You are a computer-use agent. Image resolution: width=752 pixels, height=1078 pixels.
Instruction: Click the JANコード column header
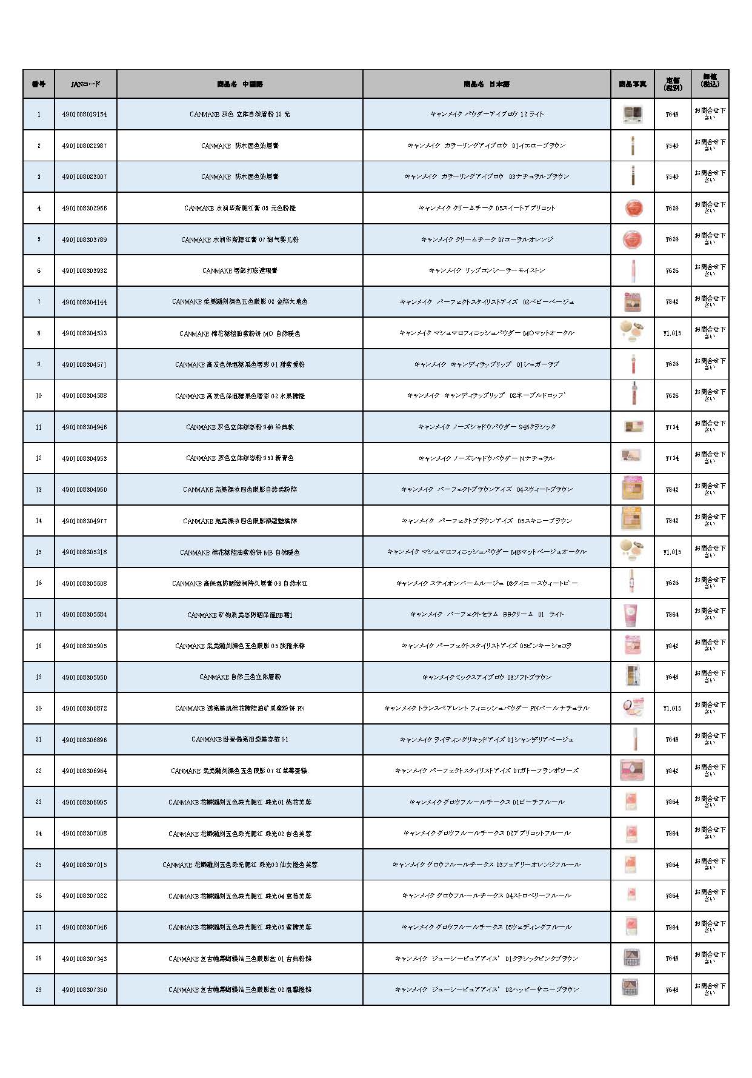(85, 84)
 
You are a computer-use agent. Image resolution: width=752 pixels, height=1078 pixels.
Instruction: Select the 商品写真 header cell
(632, 84)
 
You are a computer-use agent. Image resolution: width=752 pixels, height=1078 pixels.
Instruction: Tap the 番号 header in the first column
(39, 84)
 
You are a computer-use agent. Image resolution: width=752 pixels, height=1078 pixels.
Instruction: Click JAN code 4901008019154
(84, 114)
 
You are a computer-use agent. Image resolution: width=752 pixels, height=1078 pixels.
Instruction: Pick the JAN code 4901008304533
(84, 333)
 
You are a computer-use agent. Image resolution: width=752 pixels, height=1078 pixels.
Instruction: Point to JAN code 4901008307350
(84, 989)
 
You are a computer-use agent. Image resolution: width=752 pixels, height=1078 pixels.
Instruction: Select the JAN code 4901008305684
(84, 614)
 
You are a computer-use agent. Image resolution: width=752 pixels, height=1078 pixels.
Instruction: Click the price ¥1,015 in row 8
(672, 333)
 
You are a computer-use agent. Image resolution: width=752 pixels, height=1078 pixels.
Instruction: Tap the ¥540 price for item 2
(672, 146)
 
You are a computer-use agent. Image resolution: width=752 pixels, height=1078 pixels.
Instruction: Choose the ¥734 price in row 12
(672, 458)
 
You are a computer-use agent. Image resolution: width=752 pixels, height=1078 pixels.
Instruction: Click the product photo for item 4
(632, 208)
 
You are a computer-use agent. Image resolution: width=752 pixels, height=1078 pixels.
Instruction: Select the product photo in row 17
(632, 614)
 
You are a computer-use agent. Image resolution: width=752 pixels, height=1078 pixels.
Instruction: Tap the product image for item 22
(632, 771)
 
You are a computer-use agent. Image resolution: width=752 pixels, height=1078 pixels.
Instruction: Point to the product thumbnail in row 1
(632, 114)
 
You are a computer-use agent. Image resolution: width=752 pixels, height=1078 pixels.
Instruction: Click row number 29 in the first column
(39, 989)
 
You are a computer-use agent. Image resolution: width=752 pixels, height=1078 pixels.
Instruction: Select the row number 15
(39, 552)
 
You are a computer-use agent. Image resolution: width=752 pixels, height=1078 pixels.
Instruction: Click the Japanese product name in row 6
(487, 270)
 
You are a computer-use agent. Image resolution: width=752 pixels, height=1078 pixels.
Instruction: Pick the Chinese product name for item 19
(240, 677)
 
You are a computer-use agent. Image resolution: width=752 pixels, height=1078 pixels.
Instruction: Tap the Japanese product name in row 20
(487, 708)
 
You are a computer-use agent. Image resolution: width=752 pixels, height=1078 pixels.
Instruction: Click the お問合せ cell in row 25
(710, 865)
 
